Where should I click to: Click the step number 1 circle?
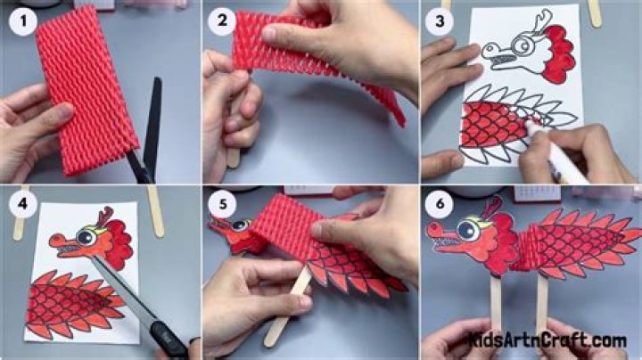23,20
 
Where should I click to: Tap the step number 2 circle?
222,20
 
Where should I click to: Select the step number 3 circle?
440,20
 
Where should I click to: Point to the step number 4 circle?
23,203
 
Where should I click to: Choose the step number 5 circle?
222,204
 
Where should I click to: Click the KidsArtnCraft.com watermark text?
547,340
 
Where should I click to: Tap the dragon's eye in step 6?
468,230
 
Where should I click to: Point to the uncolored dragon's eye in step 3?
520,44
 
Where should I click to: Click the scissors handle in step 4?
170,340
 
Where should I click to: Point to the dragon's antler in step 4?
105,217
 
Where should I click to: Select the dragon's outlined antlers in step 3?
540,20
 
